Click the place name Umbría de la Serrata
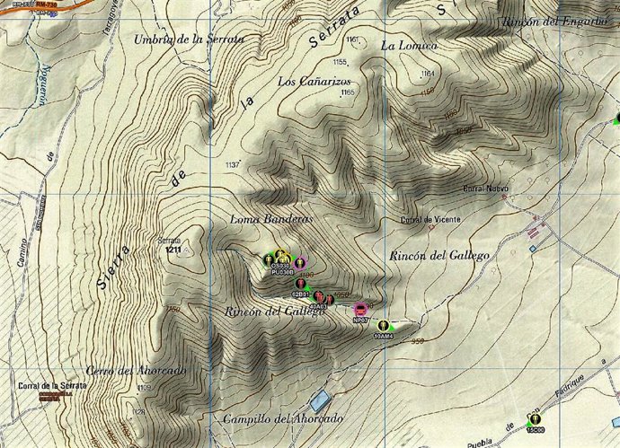click(x=189, y=39)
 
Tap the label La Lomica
click(x=409, y=45)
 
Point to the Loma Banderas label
click(x=270, y=219)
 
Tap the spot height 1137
click(x=233, y=164)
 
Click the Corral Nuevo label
click(x=485, y=189)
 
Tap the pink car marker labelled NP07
click(x=360, y=310)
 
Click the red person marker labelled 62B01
click(x=300, y=285)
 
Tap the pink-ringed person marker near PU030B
click(x=302, y=261)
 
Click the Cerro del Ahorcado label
click(x=137, y=370)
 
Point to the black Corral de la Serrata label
click(x=52, y=385)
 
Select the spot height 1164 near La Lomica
click(x=427, y=73)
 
